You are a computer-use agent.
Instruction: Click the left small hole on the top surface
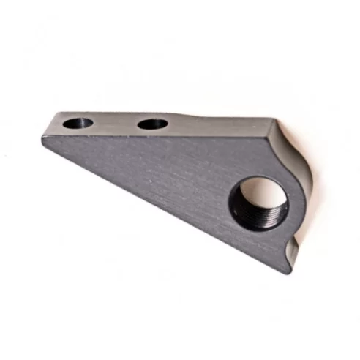77,123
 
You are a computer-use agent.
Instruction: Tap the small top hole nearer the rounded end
151,124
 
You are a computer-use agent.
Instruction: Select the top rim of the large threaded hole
256,179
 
